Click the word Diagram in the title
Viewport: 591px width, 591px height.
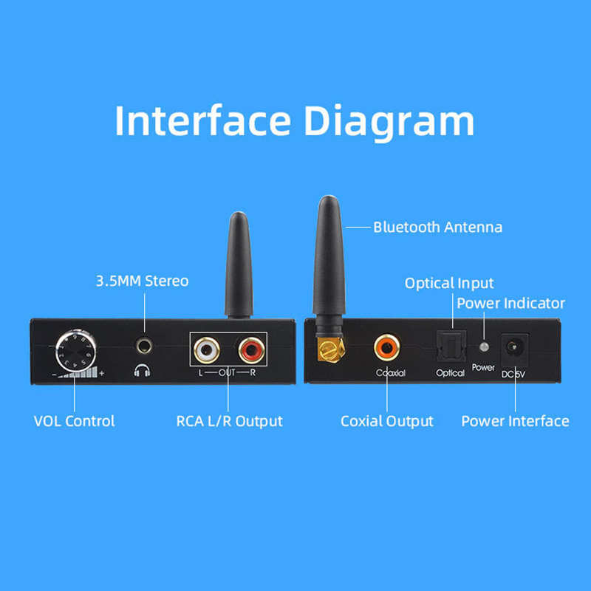point(391,122)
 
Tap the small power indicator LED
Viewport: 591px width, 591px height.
point(483,346)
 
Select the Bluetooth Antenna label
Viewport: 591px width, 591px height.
point(437,227)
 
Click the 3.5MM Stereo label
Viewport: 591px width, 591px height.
point(142,281)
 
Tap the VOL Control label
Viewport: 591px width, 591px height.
point(74,421)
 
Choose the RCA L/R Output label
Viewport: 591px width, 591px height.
point(229,421)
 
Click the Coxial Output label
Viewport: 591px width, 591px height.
point(386,421)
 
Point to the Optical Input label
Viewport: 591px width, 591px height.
point(449,283)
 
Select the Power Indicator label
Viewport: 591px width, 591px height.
point(510,303)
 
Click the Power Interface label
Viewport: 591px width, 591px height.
point(515,421)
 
